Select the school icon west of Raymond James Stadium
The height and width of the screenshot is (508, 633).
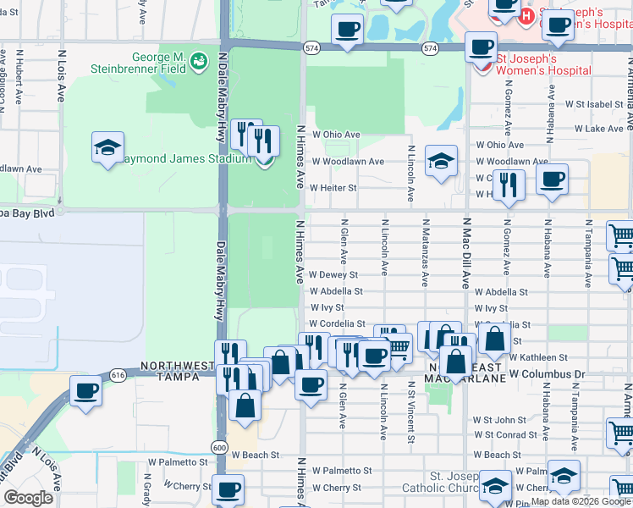tap(108, 148)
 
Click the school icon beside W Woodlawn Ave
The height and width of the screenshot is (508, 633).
tap(441, 161)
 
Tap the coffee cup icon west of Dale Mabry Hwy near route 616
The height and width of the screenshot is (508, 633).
tap(85, 392)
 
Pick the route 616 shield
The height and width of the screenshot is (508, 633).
tap(118, 373)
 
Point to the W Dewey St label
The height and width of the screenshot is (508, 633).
tap(333, 275)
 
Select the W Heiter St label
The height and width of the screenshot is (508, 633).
tap(333, 188)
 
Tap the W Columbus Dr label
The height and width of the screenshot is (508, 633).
tap(547, 374)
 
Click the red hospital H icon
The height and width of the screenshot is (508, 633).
tap(527, 14)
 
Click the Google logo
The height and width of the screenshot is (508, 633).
tap(28, 498)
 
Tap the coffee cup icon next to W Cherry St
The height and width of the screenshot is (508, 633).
tap(227, 489)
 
